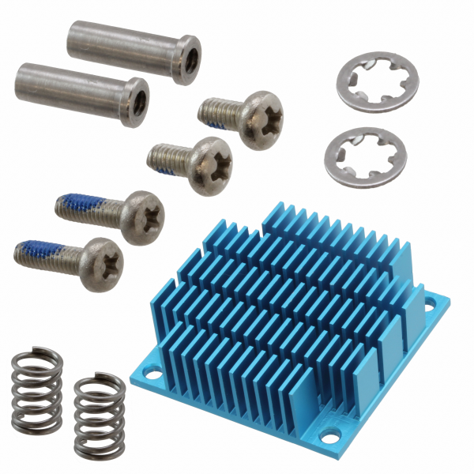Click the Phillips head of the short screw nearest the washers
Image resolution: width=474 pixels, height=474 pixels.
pos(261,118)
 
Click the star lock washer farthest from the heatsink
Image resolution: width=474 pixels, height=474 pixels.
pos(377,79)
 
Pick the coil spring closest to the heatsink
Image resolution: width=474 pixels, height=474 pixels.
pos(99,412)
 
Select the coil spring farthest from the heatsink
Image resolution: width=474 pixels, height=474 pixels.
pos(37,390)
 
